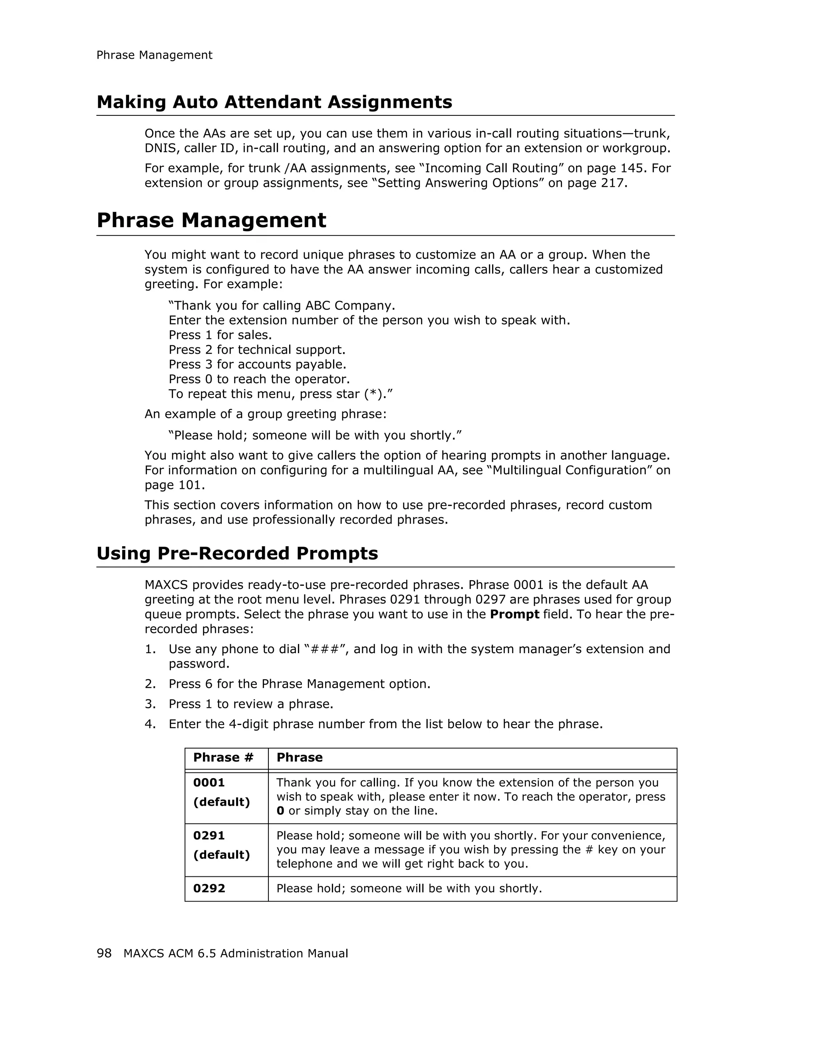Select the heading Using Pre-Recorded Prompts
coord(237,553)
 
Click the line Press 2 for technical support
coord(257,349)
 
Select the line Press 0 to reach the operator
coord(259,379)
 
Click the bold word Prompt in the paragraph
coord(514,614)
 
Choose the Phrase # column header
coord(223,758)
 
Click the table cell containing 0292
coord(209,888)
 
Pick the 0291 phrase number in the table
coord(209,835)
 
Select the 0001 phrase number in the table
coord(209,783)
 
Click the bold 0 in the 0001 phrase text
coord(280,810)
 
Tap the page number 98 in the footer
coord(104,953)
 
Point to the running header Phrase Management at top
coord(155,55)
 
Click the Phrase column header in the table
coord(299,758)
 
